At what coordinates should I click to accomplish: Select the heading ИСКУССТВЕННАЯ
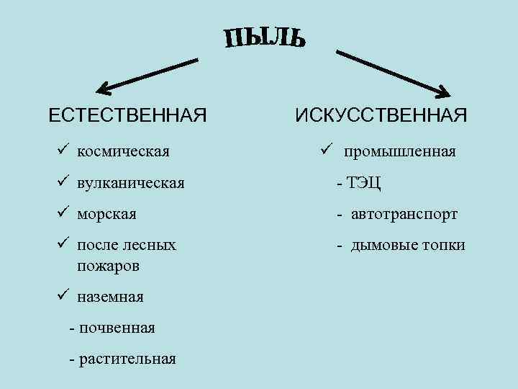[381, 115]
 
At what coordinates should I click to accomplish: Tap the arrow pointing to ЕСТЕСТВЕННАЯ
[147, 76]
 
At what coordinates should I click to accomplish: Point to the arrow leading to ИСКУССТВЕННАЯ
[392, 73]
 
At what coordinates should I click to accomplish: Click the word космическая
[123, 152]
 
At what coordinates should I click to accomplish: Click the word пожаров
[105, 265]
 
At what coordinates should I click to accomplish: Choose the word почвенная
[117, 328]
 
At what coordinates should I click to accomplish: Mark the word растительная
[127, 359]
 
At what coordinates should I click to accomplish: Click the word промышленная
[399, 152]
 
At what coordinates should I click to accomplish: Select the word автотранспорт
[404, 214]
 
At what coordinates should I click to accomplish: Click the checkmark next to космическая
[63, 151]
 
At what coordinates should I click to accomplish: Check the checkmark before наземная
[63, 295]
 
